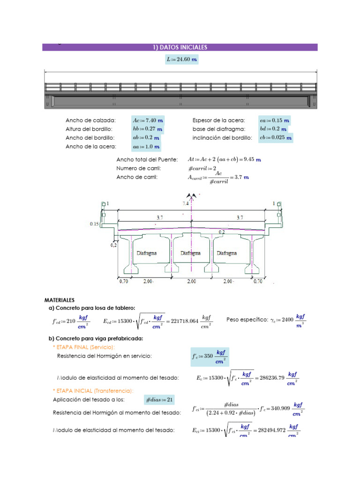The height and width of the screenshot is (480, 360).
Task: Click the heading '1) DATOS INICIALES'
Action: click(x=180, y=47)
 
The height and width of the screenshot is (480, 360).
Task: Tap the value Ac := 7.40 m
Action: click(x=148, y=120)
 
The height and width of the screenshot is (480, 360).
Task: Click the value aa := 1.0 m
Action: click(x=146, y=147)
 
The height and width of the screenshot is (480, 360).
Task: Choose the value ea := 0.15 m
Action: click(x=274, y=120)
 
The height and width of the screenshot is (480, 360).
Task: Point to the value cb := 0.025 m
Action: click(x=276, y=138)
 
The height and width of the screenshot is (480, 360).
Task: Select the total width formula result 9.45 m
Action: click(x=251, y=160)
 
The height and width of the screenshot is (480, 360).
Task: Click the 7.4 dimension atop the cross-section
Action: click(x=187, y=204)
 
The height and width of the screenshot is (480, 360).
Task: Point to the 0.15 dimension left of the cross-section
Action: click(x=94, y=224)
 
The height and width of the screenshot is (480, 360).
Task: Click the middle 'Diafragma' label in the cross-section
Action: click(x=190, y=253)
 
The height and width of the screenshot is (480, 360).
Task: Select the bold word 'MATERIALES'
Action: click(x=60, y=300)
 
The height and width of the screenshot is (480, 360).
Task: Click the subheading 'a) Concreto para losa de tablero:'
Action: click(x=92, y=308)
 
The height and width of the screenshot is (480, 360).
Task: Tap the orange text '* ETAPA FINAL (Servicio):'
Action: click(x=84, y=347)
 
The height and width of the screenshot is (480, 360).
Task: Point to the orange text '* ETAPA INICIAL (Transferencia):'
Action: click(x=93, y=391)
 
